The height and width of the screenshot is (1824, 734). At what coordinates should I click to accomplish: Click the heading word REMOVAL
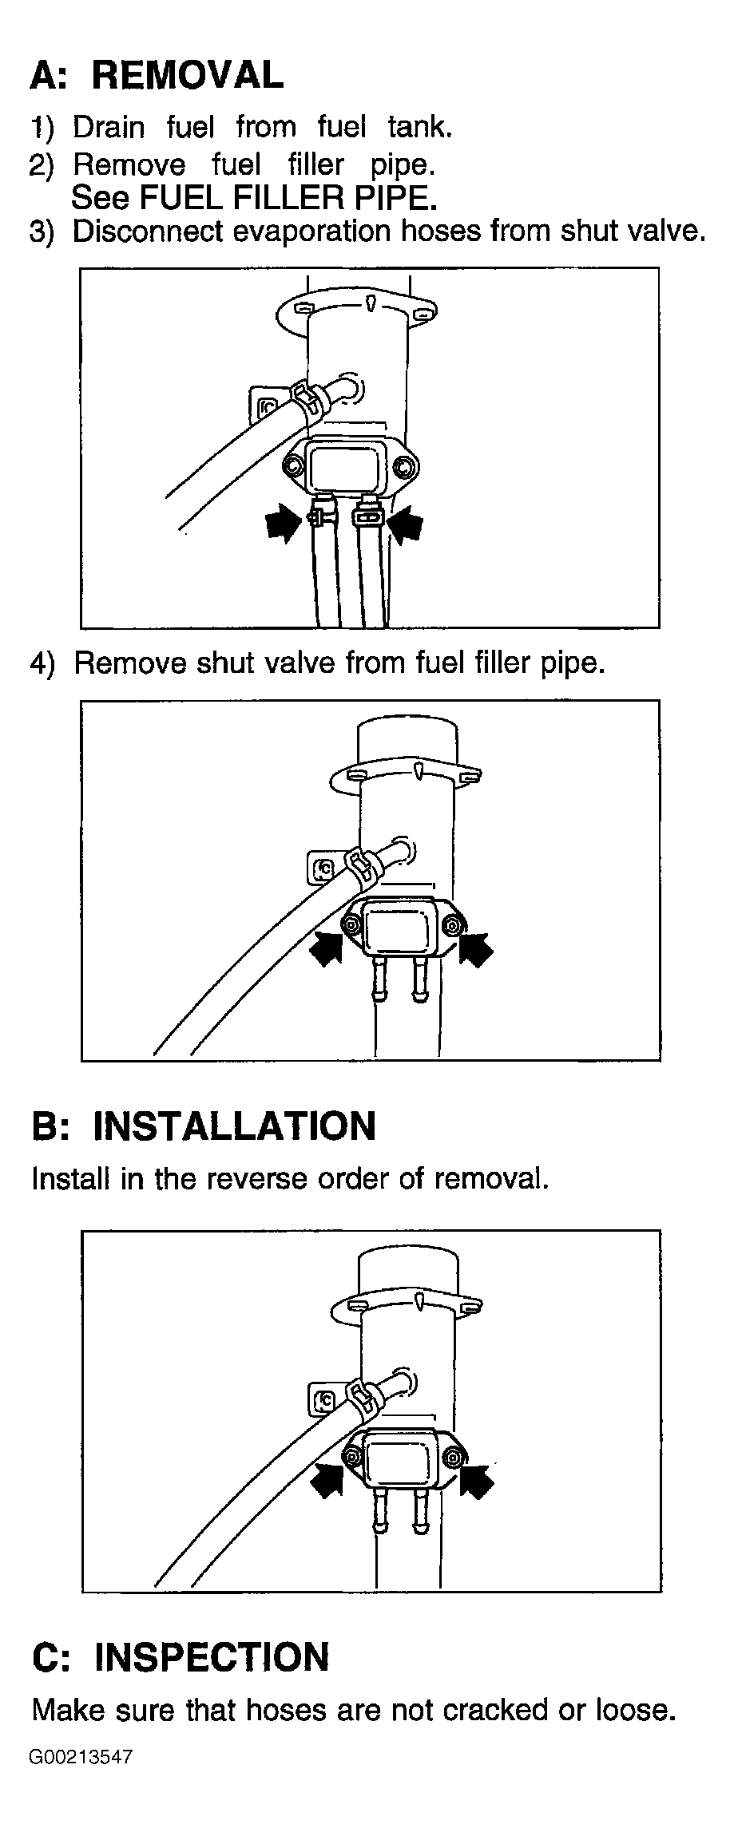pyautogui.click(x=187, y=75)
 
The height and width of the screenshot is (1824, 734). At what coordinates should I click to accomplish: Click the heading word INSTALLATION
pyautogui.click(x=235, y=1126)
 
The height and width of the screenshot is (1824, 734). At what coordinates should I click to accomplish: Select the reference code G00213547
pyautogui.click(x=81, y=1757)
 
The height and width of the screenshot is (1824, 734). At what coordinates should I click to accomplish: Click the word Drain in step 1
pyautogui.click(x=109, y=127)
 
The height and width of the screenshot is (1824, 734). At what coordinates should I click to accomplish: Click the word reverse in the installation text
pyautogui.click(x=256, y=1179)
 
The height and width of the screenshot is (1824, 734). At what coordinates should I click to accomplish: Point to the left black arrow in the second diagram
pyautogui.click(x=327, y=947)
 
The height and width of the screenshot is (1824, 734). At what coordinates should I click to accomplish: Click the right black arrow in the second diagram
pyautogui.click(x=477, y=947)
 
